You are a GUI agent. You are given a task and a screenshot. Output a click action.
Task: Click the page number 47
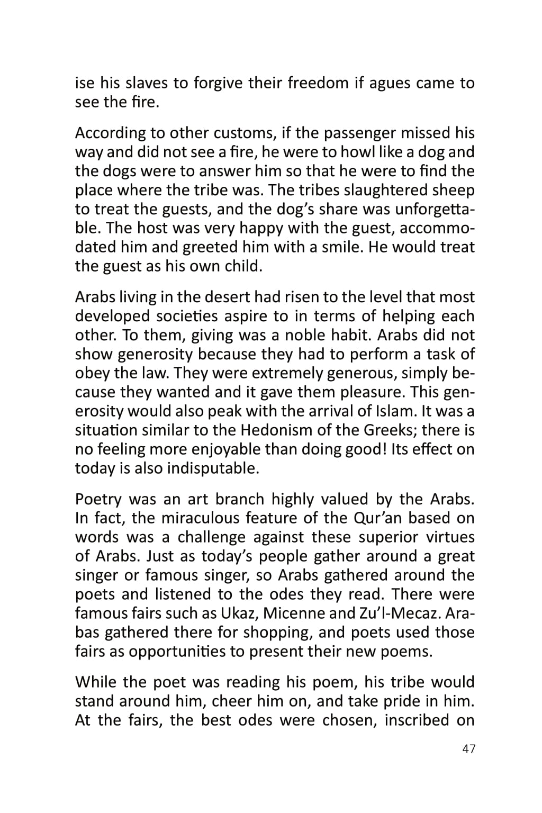click(x=468, y=749)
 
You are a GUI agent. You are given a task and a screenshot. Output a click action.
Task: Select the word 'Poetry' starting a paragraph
click(x=98, y=499)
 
